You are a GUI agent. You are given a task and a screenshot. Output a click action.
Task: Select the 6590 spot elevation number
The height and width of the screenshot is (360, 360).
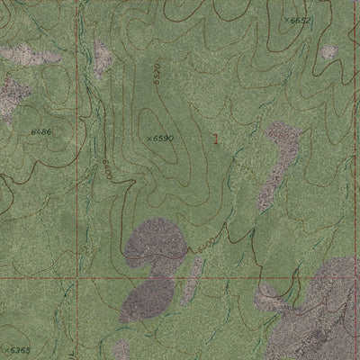coord(160,139)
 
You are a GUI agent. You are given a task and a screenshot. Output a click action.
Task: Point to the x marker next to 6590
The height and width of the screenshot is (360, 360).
coord(148,139)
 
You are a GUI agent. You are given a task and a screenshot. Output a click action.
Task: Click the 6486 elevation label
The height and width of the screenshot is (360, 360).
coord(40,131)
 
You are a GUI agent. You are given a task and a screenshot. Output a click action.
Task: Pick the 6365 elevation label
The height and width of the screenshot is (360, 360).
coord(18,349)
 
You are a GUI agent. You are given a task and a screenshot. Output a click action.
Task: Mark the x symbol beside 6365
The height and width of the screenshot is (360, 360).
coord(4,348)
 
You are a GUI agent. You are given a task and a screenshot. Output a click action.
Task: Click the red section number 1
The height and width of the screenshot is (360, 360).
coord(216,137)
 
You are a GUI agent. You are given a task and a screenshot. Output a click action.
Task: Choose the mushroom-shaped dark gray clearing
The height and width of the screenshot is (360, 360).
coord(155,261)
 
